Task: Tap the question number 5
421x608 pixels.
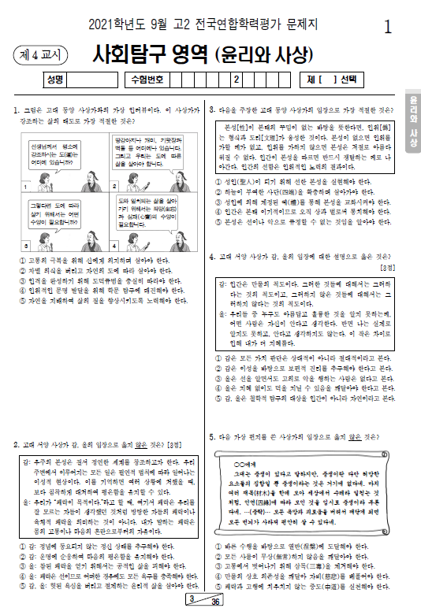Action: click(x=213, y=436)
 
